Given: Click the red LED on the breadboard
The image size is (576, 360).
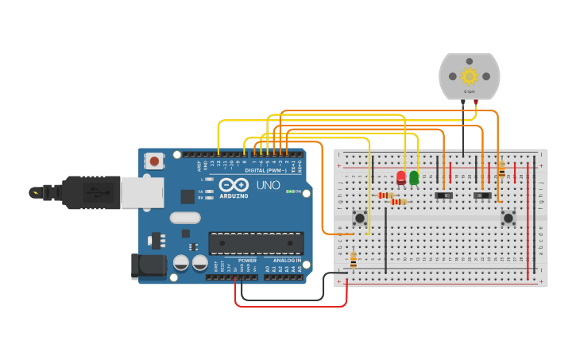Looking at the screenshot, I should (x=401, y=177).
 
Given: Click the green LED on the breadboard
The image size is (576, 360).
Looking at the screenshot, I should (x=414, y=177).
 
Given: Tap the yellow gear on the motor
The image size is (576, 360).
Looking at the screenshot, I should (x=469, y=76).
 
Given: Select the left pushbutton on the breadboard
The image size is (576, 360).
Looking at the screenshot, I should (x=360, y=218).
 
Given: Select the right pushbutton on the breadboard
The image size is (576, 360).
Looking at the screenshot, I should (x=508, y=218).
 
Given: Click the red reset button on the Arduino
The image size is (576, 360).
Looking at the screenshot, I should (x=154, y=161).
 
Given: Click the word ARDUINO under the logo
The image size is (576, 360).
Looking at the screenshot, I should (x=234, y=195).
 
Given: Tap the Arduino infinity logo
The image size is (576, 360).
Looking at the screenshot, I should (x=233, y=184).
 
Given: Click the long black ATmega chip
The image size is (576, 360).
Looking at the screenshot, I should (x=256, y=242).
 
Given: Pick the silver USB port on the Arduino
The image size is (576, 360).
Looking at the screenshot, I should (x=142, y=192).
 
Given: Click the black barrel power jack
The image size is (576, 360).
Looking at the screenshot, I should (x=149, y=267).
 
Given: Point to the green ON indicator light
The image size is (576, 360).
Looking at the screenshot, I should (x=291, y=192).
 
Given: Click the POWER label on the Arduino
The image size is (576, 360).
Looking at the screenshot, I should (x=247, y=260).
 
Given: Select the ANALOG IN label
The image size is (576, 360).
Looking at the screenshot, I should (x=287, y=260).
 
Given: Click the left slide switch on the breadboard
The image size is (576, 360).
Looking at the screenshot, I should (x=444, y=195).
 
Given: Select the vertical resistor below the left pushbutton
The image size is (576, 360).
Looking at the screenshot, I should (x=354, y=259).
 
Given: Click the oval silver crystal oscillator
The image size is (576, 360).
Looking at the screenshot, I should (x=184, y=218).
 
